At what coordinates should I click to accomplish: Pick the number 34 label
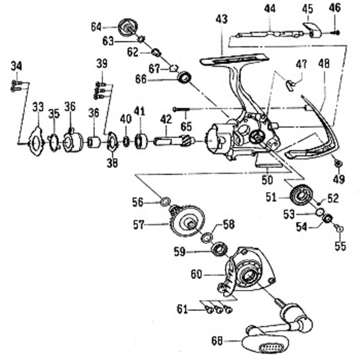pos(16,65)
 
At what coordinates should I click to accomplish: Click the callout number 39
pos(101,64)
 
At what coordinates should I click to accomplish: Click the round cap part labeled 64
pos(128,27)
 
